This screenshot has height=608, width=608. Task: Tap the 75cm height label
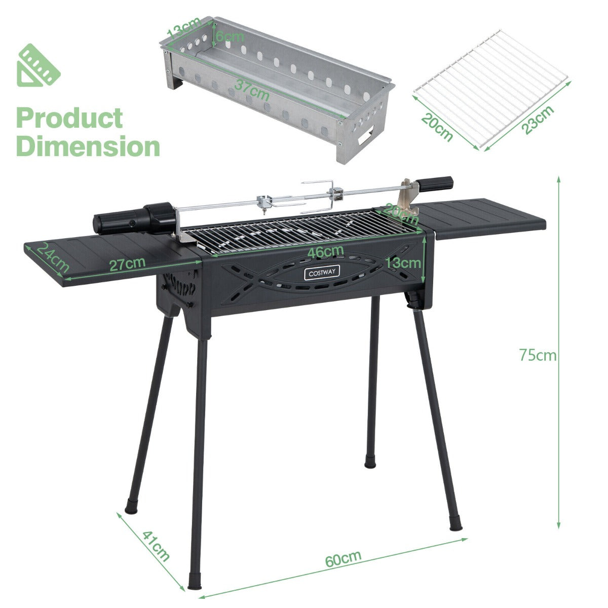[538, 355]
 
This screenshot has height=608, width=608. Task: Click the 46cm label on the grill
[326, 251]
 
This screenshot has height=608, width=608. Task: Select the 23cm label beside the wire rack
[538, 120]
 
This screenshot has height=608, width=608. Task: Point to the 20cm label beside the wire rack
[436, 127]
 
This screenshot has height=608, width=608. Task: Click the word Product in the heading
[70, 118]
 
